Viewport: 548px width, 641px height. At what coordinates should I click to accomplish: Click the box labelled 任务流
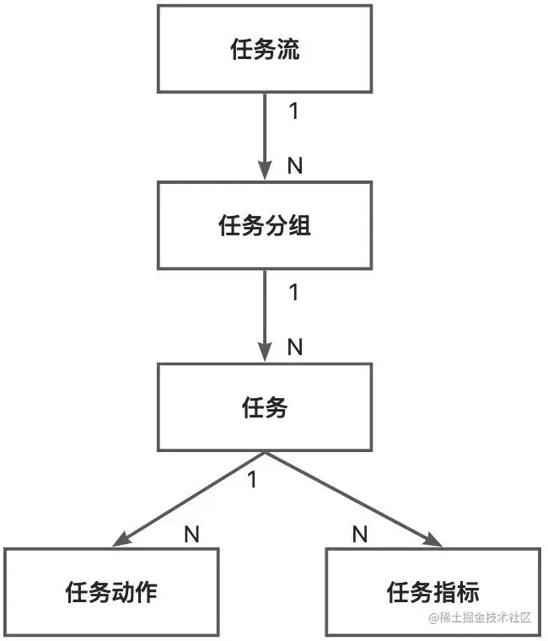[x=265, y=49]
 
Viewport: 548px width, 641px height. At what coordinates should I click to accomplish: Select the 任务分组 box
[x=265, y=226]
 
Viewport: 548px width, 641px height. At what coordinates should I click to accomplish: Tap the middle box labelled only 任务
[x=265, y=407]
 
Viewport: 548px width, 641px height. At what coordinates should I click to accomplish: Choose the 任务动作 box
[x=111, y=591]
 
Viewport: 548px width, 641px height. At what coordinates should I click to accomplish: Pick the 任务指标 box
[x=432, y=591]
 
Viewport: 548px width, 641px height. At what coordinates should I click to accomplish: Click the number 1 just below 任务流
[x=293, y=111]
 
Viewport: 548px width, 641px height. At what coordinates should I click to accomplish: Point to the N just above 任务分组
[x=295, y=165]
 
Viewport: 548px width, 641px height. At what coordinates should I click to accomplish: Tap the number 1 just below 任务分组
[x=293, y=293]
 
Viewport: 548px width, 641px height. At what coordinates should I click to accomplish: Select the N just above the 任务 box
[x=295, y=347]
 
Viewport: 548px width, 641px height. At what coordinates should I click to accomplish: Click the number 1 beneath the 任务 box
[x=251, y=480]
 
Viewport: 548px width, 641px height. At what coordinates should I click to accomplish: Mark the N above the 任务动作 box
[x=191, y=533]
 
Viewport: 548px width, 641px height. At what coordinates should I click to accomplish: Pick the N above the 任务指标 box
[x=360, y=533]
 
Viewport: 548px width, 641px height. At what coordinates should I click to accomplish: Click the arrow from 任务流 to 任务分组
[x=266, y=135]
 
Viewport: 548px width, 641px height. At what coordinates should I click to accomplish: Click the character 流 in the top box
[x=288, y=50]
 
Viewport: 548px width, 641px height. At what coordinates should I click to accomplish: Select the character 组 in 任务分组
[x=300, y=226]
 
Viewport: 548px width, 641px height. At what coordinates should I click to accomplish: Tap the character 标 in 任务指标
[x=468, y=591]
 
